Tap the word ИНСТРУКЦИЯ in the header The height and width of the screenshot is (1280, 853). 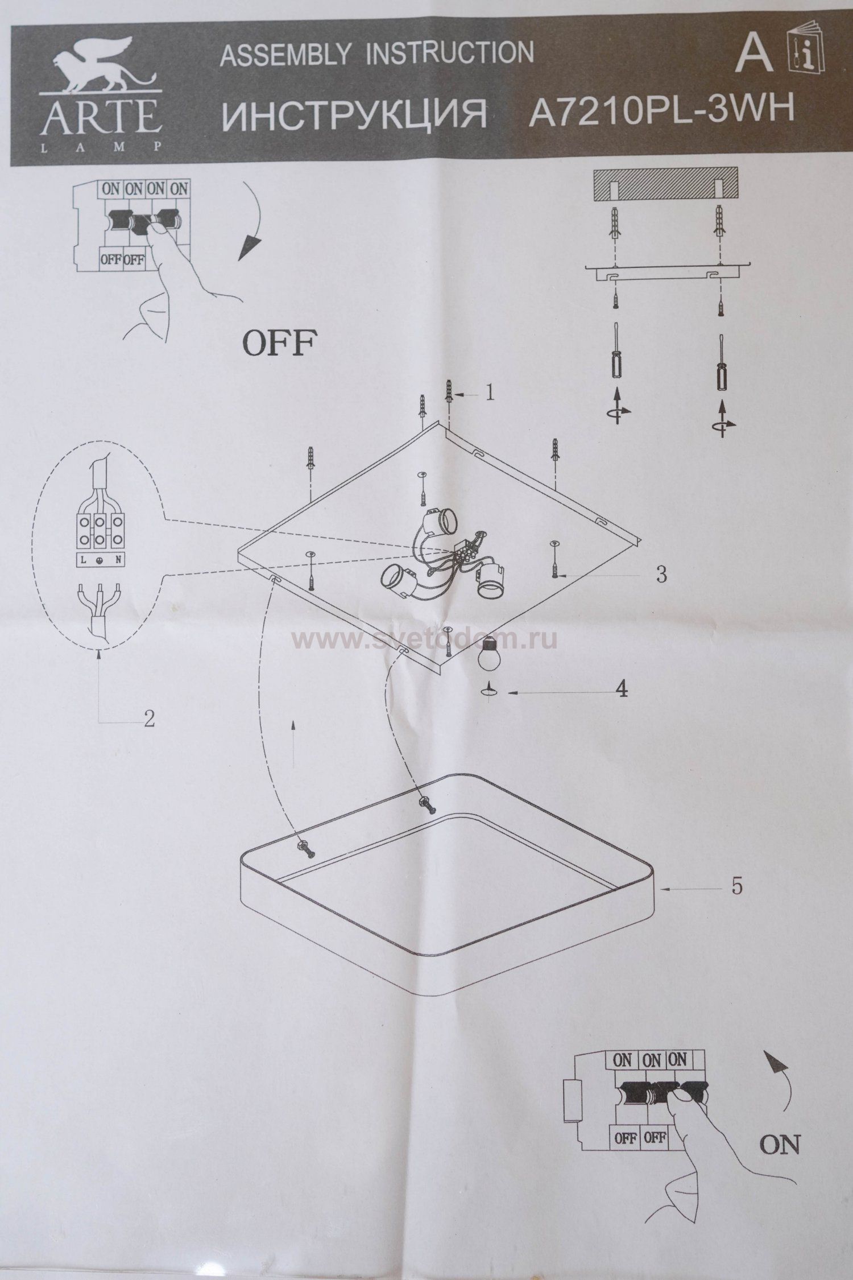tap(353, 114)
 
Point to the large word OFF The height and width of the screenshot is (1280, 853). tap(279, 343)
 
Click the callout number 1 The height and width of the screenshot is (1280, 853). tap(489, 394)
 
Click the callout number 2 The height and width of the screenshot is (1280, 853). tap(149, 719)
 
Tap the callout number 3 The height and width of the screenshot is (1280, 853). tap(661, 575)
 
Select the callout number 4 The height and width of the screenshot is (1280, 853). tap(622, 689)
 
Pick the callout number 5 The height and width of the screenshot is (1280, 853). tap(736, 886)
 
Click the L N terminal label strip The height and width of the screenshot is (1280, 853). tap(101, 560)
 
